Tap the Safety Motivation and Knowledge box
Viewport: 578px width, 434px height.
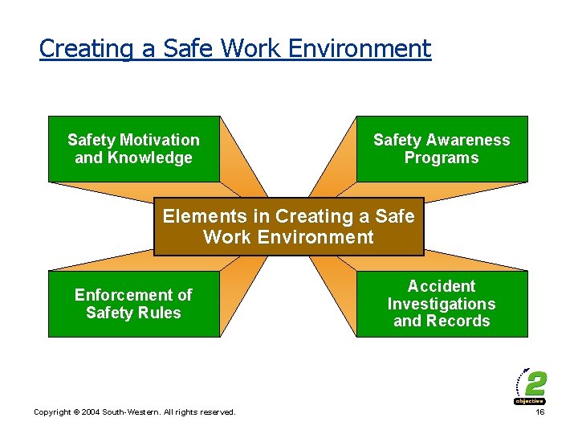coord(133,149)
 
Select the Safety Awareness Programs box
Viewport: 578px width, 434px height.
coord(442,149)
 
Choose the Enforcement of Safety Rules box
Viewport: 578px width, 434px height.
coord(133,304)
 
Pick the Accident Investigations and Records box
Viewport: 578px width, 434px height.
coord(442,304)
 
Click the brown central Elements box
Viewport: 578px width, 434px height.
coord(288,227)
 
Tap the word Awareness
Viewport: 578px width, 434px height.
coord(466,140)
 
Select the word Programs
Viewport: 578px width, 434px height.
coord(442,158)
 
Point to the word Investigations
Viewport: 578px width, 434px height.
coord(442,304)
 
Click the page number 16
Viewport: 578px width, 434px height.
coord(539,411)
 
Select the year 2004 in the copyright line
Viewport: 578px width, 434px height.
coord(88,412)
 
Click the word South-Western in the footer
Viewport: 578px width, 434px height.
coord(130,412)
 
